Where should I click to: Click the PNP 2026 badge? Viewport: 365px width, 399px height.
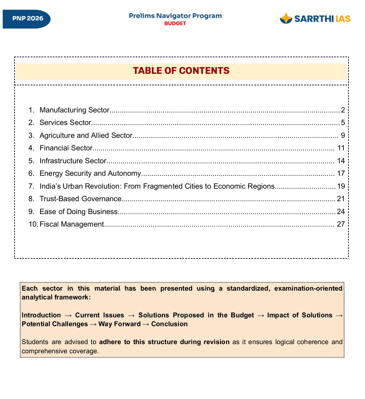27,19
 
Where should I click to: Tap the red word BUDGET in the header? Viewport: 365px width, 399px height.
175,23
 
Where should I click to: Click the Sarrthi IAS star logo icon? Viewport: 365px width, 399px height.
286,18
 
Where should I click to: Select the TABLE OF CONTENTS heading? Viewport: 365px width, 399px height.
181,71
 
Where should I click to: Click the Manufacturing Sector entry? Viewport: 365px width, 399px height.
74,110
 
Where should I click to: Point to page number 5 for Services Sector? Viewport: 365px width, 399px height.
343,123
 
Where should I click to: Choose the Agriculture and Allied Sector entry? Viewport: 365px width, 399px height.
86,135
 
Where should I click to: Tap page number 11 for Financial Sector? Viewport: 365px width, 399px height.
341,148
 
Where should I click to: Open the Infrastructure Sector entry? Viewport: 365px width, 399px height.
73,161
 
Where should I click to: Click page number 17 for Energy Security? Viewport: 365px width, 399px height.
341,173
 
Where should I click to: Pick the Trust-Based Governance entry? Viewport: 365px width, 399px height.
81,199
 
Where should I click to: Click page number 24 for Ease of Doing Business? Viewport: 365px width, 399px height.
341,212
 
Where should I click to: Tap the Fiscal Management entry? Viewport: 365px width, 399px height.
72,224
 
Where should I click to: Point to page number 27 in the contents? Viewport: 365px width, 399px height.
341,224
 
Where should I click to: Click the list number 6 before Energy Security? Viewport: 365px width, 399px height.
31,173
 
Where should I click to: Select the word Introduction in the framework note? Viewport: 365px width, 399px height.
41,315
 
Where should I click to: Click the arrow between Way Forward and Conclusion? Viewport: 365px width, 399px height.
146,324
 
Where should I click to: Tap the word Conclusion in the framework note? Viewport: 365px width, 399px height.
169,324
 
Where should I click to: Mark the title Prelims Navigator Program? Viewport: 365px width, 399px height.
175,16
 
